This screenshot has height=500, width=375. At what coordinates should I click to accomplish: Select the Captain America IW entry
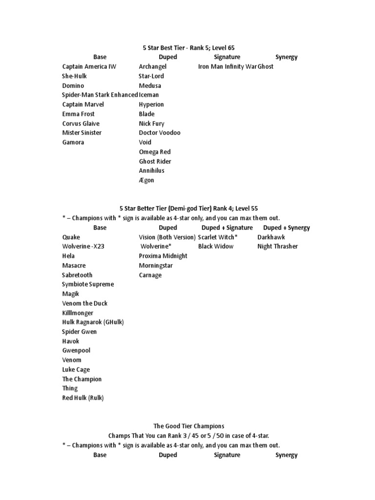(89, 66)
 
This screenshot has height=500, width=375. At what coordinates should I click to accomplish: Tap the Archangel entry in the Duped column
(152, 66)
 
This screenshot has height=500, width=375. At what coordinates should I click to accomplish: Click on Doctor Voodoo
(159, 133)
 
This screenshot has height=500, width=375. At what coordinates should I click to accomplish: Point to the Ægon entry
(146, 180)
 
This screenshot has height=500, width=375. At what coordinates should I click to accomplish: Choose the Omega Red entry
(155, 152)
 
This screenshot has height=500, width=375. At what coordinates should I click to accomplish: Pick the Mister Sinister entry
(82, 133)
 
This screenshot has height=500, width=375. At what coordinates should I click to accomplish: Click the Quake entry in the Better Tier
(71, 237)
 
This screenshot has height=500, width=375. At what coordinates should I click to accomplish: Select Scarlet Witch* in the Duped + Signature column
(218, 237)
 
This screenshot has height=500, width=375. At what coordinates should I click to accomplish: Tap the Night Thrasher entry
(277, 247)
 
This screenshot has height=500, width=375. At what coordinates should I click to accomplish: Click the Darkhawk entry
(271, 237)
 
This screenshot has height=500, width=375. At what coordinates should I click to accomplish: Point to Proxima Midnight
(163, 256)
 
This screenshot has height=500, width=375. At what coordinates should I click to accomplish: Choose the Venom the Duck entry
(85, 303)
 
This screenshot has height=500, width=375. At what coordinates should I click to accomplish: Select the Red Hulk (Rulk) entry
(83, 398)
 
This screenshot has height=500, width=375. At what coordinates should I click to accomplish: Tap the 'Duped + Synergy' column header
(286, 228)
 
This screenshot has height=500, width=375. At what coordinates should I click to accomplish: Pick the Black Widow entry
(216, 247)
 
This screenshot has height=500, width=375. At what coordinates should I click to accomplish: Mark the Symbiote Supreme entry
(88, 284)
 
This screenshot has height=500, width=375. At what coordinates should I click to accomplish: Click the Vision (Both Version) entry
(167, 237)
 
